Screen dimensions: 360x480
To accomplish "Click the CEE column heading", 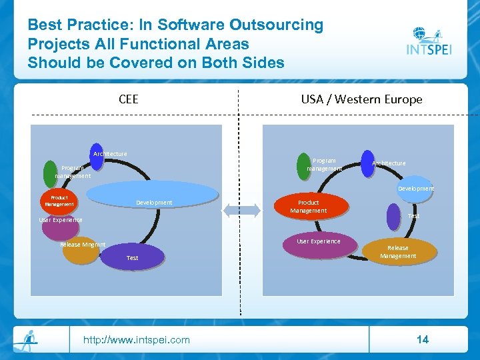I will tap(128, 99).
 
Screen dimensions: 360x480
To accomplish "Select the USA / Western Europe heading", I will tap(361, 99).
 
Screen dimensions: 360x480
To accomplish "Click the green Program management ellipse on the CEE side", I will tap(49, 173).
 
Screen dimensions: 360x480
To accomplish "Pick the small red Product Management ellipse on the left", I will tap(59, 201).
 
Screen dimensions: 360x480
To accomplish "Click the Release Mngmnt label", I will tap(83, 245).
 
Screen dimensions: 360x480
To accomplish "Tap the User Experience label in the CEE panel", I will tap(61, 220).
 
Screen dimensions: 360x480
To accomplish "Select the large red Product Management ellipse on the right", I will tap(313, 206).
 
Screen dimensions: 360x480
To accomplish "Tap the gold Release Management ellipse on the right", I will tap(398, 252).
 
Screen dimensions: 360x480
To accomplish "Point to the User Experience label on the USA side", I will tap(318, 241).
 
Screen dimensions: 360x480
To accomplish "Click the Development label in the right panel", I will tap(416, 189).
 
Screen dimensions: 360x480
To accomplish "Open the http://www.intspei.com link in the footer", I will tap(136, 340).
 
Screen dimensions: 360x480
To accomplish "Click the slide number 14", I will tap(422, 339).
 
